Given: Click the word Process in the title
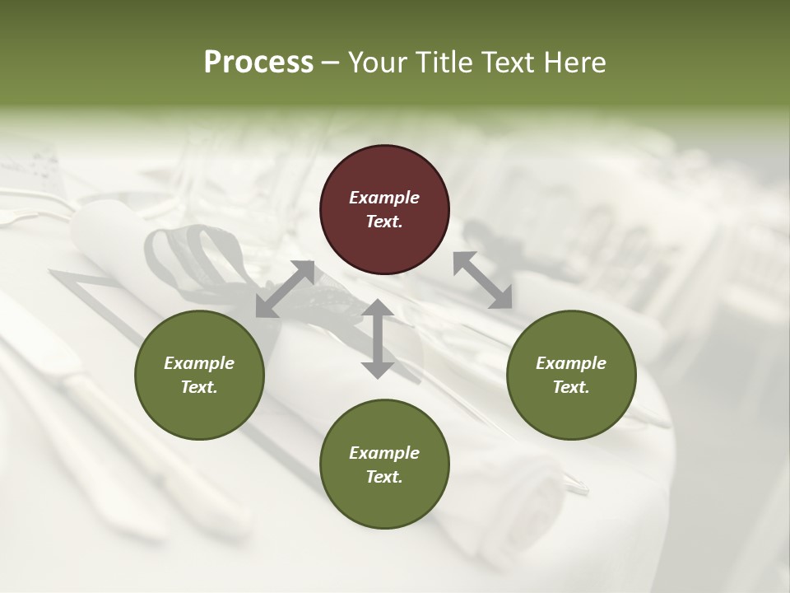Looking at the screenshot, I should click(x=258, y=63).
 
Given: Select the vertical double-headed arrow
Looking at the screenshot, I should click(x=378, y=339).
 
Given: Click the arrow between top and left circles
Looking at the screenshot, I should click(x=285, y=289).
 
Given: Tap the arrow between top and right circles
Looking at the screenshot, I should click(x=482, y=279).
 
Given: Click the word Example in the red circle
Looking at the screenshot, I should click(x=384, y=198).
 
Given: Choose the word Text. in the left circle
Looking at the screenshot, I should click(x=199, y=387).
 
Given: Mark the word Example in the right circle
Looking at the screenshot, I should click(x=571, y=363).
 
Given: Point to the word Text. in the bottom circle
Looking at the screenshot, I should click(x=384, y=477).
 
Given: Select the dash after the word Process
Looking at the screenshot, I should click(x=331, y=63).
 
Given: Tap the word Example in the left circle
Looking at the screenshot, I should click(x=199, y=363).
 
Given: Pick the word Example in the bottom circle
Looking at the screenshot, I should click(x=384, y=453).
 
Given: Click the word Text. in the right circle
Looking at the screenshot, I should click(x=571, y=387).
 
